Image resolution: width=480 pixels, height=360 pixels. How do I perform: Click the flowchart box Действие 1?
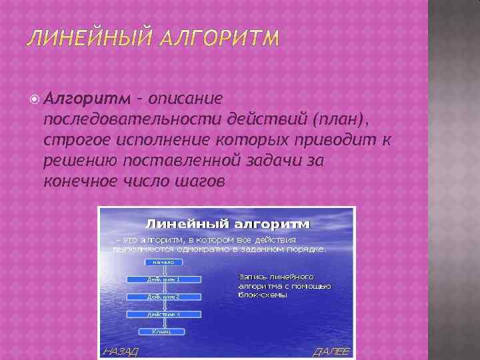click(163, 279)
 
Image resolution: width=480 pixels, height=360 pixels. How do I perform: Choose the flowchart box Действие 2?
click(163, 295)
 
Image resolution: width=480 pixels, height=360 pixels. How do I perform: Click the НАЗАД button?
click(119, 351)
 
